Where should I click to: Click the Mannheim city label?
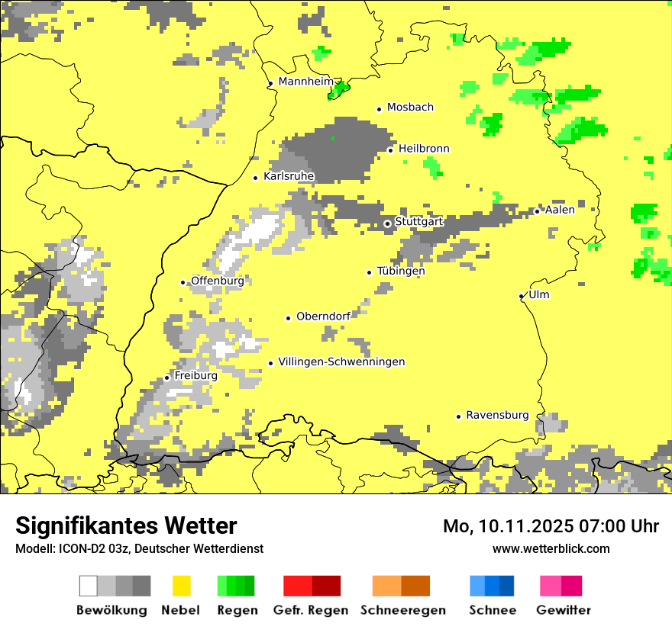(306, 81)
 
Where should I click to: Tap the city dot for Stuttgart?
(387, 223)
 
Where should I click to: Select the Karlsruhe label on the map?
(289, 176)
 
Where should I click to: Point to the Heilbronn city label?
(424, 149)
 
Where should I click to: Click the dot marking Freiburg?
(167, 378)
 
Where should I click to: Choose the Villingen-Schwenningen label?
(341, 361)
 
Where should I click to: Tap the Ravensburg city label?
(497, 415)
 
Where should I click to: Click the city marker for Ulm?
(522, 296)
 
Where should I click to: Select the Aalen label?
(560, 210)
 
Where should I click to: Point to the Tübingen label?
(401, 271)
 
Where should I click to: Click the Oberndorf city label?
(323, 316)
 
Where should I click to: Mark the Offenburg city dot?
(183, 282)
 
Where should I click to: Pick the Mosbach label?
(410, 108)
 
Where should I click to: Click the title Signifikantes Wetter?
(126, 525)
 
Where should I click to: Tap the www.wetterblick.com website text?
(551, 548)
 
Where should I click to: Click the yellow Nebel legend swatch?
(181, 586)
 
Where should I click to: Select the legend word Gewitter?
(564, 610)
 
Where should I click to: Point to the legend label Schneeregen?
(403, 610)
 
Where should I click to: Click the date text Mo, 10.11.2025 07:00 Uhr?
(551, 526)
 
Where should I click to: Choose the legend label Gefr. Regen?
(311, 610)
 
